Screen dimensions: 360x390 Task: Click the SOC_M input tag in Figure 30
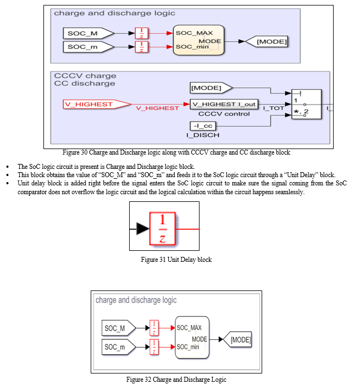tap(88, 34)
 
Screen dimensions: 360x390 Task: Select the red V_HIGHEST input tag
tap(97, 104)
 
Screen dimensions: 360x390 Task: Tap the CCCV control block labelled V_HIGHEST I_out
tap(224, 104)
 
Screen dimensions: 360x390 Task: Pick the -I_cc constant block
tap(203, 126)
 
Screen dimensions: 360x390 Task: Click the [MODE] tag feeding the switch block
tap(211, 88)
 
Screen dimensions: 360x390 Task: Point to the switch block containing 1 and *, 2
tap(306, 105)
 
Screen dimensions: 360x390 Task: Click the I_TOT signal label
tap(274, 108)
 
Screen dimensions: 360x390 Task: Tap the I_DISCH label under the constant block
tap(203, 135)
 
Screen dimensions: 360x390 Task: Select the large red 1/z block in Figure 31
tap(163, 229)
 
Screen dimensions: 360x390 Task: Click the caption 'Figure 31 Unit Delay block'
tap(176, 260)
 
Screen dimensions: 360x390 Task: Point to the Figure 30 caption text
tap(176, 152)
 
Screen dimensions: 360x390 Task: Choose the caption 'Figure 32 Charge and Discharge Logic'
tap(176, 380)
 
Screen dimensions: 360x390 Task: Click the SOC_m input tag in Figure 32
tap(119, 347)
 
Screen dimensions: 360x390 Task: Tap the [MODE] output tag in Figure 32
tap(237, 339)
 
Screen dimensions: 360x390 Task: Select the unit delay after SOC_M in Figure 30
tap(142, 34)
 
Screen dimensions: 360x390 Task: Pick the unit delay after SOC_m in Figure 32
tap(154, 347)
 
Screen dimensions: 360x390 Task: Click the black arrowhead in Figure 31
tap(143, 229)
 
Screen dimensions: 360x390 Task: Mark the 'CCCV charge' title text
tap(85, 75)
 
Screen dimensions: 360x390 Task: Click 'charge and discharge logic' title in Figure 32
tap(136, 300)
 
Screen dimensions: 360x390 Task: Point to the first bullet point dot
tap(8, 167)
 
